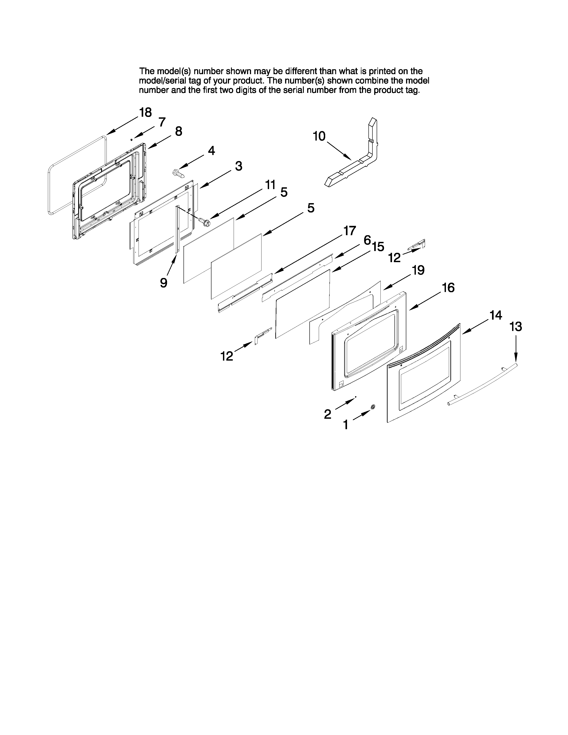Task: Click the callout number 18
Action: pos(145,112)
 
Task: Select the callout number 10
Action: pos(319,136)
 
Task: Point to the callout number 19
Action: pos(418,270)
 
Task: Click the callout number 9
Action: pos(163,283)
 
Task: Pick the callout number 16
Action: pos(448,288)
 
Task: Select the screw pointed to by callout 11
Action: pos(203,221)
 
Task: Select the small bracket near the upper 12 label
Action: pos(417,245)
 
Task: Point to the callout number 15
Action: pos(378,247)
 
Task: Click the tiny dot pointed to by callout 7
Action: pos(132,139)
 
